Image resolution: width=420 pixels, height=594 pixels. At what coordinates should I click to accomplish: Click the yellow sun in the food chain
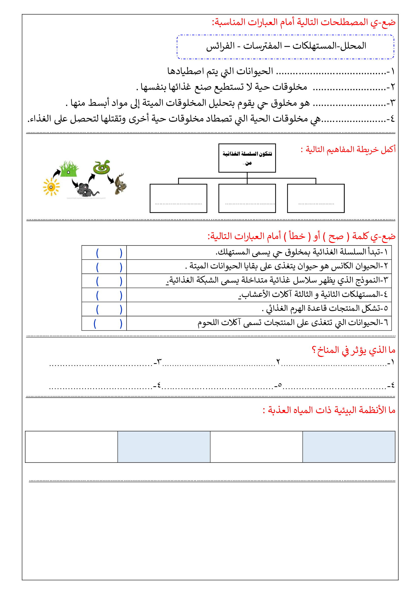pos(51,187)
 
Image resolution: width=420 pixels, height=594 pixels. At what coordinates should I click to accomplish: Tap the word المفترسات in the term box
pos(263,46)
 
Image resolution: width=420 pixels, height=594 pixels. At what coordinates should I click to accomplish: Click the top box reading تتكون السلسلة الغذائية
pos(247,158)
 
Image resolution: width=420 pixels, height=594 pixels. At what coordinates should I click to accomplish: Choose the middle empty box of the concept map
pos(247,198)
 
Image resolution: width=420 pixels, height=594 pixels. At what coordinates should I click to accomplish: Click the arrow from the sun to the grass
pos(56,173)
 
